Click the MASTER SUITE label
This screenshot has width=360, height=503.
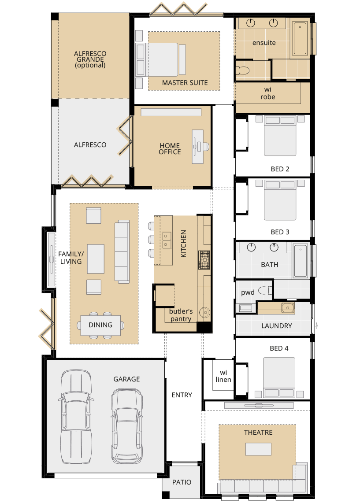(x=185, y=82)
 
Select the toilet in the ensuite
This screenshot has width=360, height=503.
(x=242, y=70)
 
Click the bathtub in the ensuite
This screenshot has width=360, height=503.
(x=301, y=38)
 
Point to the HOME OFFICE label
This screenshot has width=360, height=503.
(x=170, y=149)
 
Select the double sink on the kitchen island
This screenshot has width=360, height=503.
(x=166, y=240)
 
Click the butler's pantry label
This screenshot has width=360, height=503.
(x=180, y=315)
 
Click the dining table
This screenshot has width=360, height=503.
(x=100, y=325)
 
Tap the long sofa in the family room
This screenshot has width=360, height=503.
(x=122, y=252)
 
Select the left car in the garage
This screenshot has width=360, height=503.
(x=76, y=417)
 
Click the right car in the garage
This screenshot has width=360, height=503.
(x=126, y=425)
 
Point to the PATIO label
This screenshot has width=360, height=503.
(x=182, y=482)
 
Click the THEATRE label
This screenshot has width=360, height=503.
(x=258, y=433)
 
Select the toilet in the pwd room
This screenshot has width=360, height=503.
(x=265, y=290)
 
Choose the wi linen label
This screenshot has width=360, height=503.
(x=223, y=376)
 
